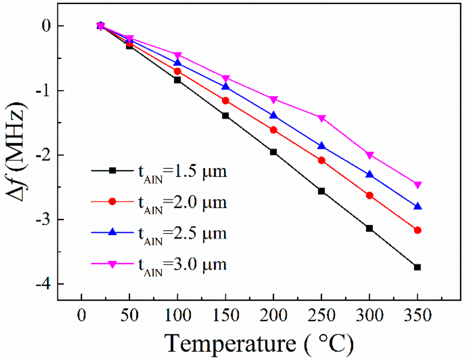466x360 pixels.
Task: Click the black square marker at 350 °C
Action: pyautogui.click(x=417, y=267)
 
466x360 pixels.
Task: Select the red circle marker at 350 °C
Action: pyautogui.click(x=417, y=230)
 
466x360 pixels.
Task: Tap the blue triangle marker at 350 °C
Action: pyautogui.click(x=417, y=207)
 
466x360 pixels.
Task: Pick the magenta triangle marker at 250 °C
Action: pyautogui.click(x=322, y=118)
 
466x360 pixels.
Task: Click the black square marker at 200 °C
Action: pyautogui.click(x=274, y=152)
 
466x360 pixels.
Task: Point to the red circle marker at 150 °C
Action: pyautogui.click(x=225, y=100)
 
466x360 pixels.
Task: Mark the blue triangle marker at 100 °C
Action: pyautogui.click(x=177, y=62)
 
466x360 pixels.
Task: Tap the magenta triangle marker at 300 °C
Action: pyautogui.click(x=370, y=155)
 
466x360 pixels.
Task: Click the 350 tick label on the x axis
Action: pyautogui.click(x=417, y=315)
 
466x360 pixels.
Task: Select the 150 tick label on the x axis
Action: pyautogui.click(x=225, y=315)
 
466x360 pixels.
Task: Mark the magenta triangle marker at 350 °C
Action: pyautogui.click(x=417, y=185)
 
